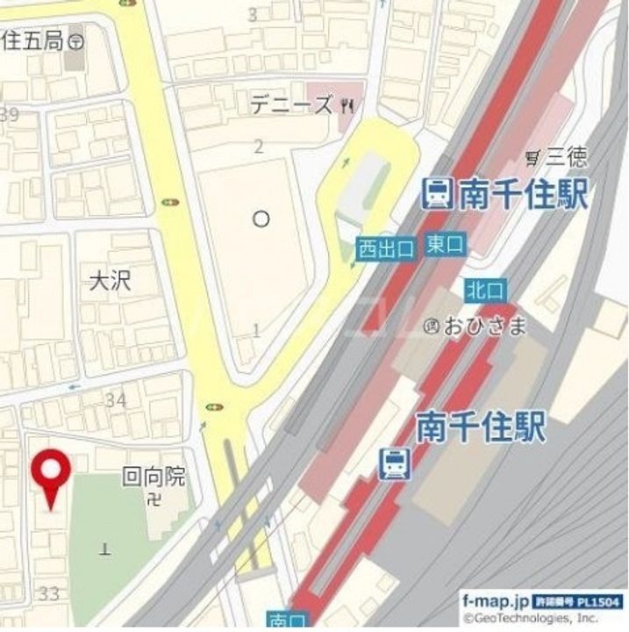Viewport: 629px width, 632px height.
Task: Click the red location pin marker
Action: [x=52, y=474]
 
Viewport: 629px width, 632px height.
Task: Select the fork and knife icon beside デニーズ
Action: [x=348, y=106]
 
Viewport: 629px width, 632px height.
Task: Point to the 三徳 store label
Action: [x=567, y=158]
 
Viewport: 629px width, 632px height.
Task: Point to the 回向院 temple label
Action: [x=154, y=477]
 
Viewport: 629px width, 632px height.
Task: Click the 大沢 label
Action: [x=111, y=280]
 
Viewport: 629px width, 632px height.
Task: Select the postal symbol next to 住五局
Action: [x=76, y=40]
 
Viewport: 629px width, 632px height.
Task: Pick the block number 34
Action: [x=116, y=400]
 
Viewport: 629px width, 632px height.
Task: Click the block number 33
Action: [x=49, y=594]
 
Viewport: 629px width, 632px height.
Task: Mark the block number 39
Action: [x=11, y=114]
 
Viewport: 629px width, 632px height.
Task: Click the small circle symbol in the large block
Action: [x=261, y=219]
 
